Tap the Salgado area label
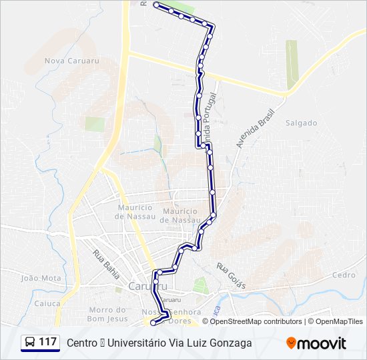tap(301, 123)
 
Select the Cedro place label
tap(344, 275)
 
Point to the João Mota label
tap(41, 278)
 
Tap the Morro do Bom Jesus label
tap(108, 314)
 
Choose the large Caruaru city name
tap(142, 287)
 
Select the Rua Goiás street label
tap(231, 275)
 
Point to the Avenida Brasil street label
tap(246, 129)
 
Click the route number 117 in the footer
tap(47, 342)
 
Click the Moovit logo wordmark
tap(322, 343)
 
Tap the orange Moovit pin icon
tap(291, 343)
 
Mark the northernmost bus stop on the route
tap(156, 5)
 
